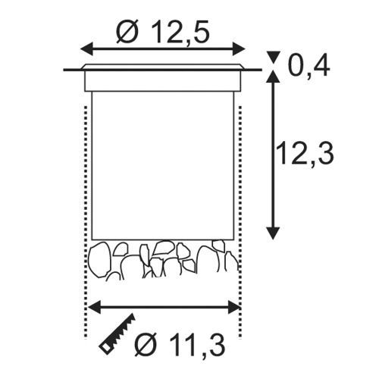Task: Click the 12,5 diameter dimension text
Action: pos(163,32)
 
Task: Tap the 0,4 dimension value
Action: pos(309,66)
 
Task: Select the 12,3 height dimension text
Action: pos(305,153)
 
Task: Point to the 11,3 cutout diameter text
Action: pos(180,345)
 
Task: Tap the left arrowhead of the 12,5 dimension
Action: pos(86,49)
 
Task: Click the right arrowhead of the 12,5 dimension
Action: pos(239,49)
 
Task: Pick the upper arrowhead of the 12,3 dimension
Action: pos(273,77)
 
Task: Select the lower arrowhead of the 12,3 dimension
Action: pos(273,233)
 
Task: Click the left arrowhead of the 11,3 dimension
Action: pos(94,308)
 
